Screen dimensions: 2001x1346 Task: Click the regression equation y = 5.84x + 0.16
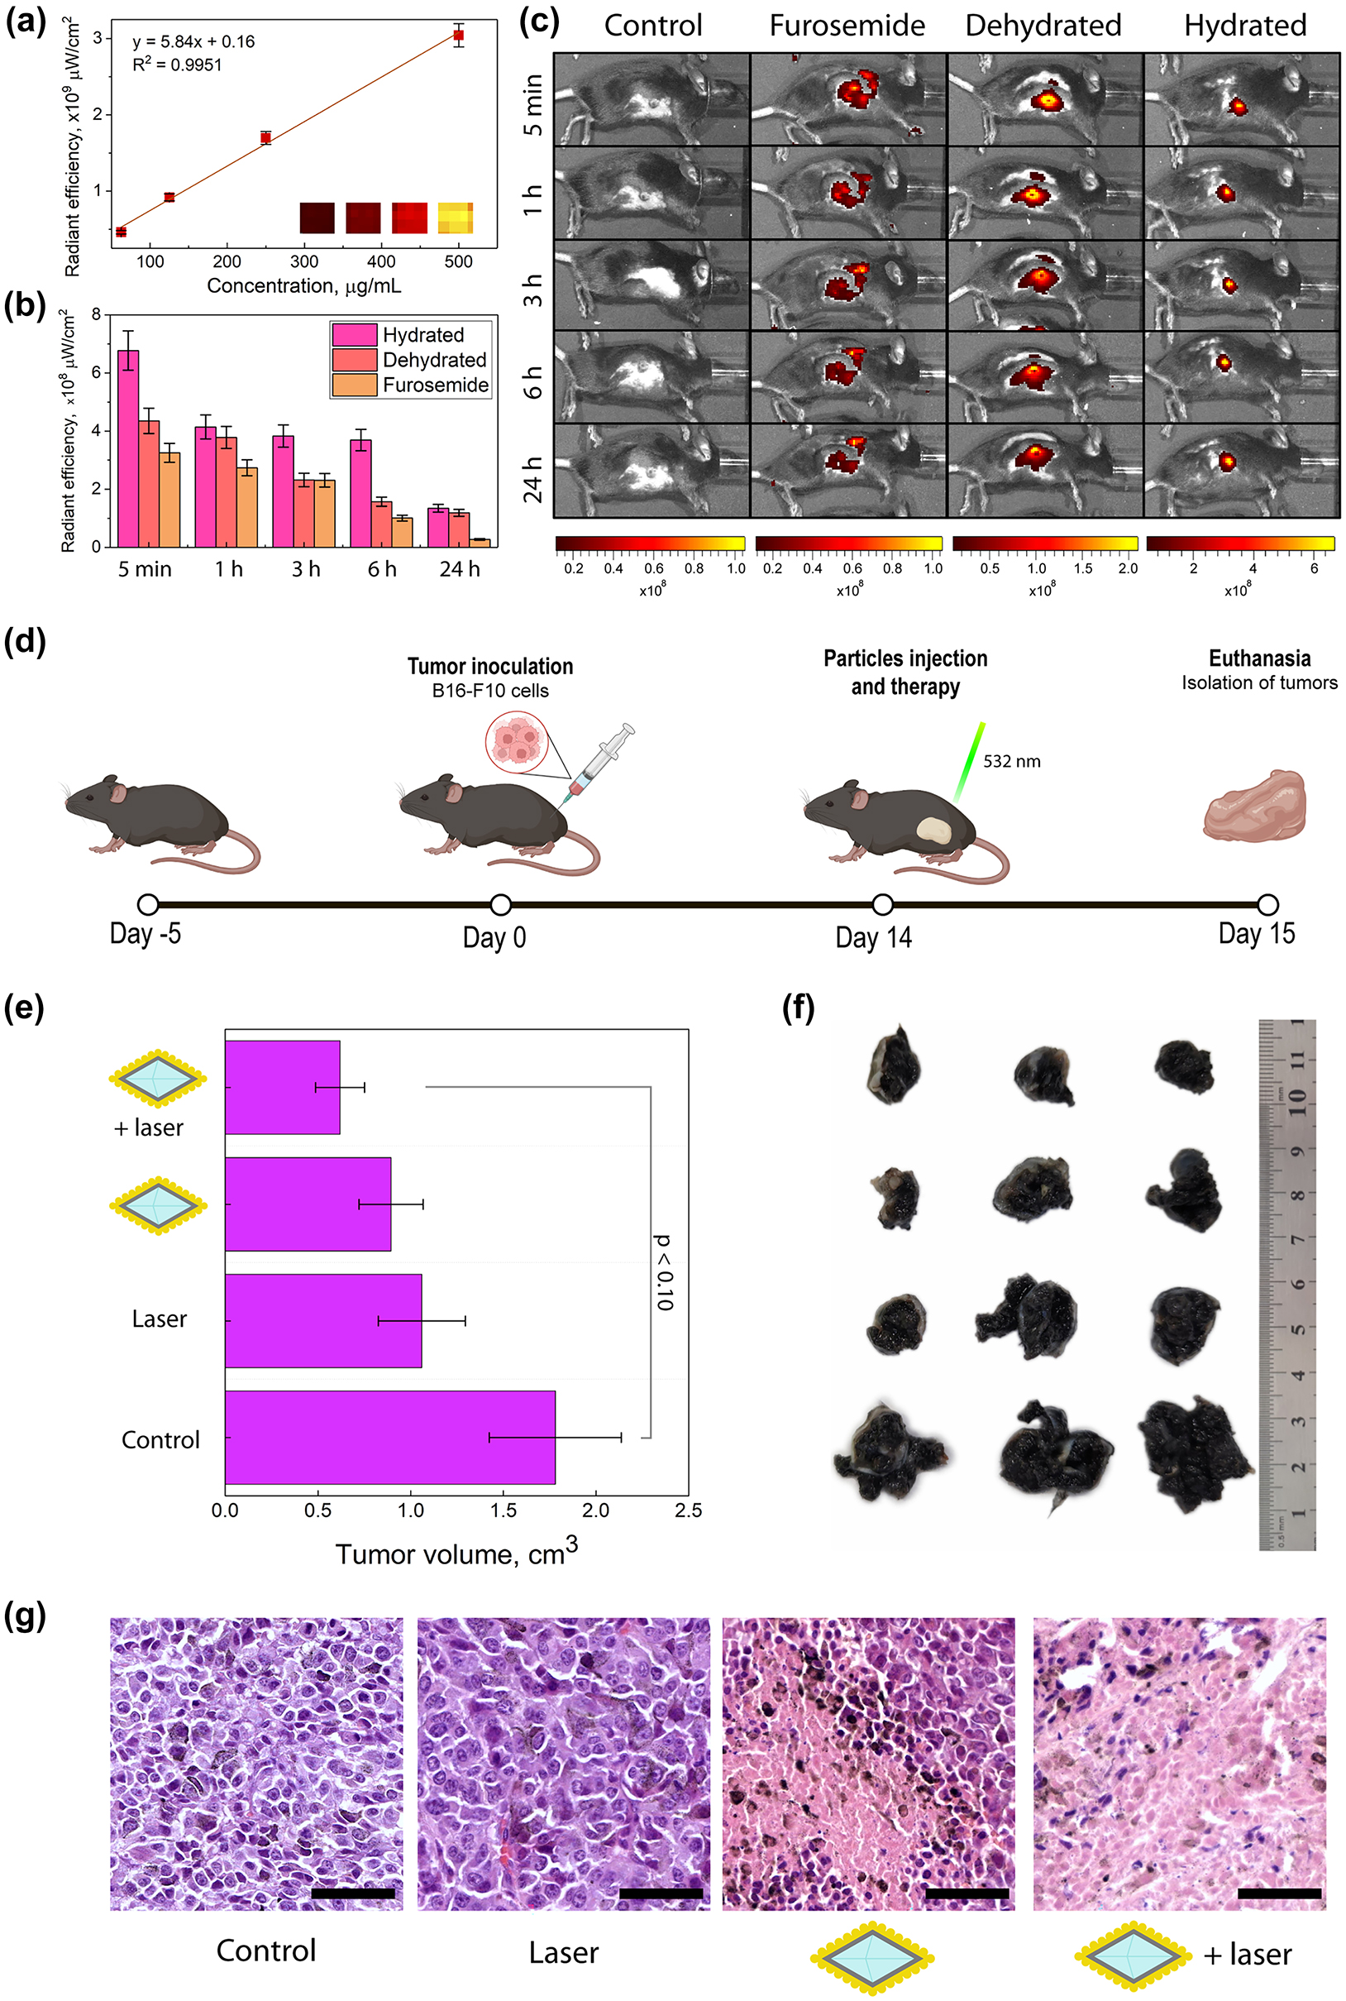point(193,41)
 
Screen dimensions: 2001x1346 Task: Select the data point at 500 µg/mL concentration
point(458,36)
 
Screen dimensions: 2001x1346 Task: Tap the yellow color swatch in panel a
point(455,218)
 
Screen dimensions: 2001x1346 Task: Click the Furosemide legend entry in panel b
point(435,385)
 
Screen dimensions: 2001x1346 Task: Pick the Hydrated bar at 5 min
point(128,448)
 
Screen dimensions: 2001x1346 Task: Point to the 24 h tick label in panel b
point(459,569)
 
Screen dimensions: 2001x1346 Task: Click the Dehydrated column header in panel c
point(1043,26)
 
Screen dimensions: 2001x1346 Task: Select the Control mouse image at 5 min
point(652,98)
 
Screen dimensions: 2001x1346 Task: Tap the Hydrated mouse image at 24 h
point(1241,471)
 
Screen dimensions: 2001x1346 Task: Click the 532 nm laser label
point(1011,761)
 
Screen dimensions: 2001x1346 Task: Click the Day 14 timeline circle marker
point(882,904)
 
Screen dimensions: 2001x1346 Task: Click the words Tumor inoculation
point(489,667)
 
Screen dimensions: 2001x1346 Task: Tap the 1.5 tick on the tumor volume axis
point(503,1510)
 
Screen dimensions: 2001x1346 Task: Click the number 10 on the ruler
point(1296,1097)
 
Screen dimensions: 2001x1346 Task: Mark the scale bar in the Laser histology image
point(660,1893)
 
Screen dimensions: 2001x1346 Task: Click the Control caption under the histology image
point(266,1951)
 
